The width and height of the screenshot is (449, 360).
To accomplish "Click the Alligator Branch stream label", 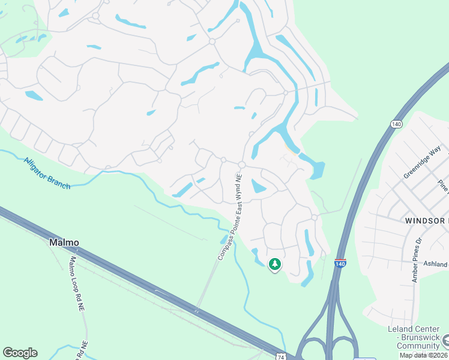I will tap(47, 173).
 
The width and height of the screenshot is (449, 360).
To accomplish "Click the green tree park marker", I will tap(274, 264).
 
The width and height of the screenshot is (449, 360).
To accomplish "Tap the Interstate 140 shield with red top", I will tap(340, 263).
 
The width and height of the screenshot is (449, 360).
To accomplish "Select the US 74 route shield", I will tap(280, 356).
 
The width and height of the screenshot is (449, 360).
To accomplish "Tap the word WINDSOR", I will tap(426, 220).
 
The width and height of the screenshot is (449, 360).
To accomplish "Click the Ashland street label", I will tap(435, 264).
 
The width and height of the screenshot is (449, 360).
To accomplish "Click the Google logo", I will tap(20, 353).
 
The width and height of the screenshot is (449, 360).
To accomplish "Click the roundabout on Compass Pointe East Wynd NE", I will tap(242, 165).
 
